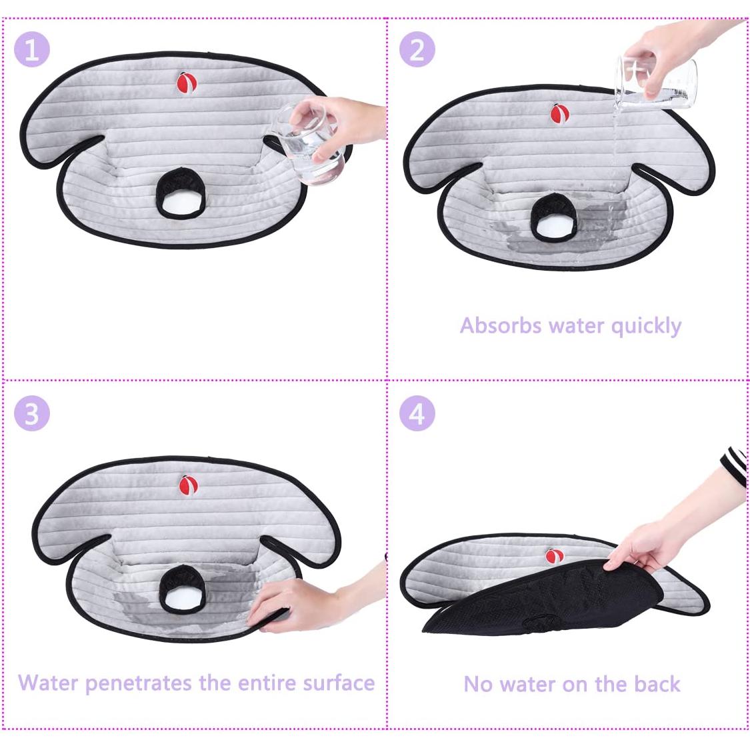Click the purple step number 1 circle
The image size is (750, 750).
pyautogui.click(x=32, y=49)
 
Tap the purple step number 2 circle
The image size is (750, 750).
pyautogui.click(x=417, y=49)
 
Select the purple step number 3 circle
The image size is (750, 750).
pyautogui.click(x=32, y=413)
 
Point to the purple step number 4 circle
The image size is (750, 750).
pyautogui.click(x=417, y=413)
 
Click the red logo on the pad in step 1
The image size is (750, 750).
pyautogui.click(x=185, y=82)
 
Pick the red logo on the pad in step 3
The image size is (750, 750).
pyautogui.click(x=187, y=485)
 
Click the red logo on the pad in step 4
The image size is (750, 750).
pyautogui.click(x=554, y=556)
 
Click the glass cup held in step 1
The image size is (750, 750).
pyautogui.click(x=309, y=143)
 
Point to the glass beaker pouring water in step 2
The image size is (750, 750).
pyautogui.click(x=656, y=82)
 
